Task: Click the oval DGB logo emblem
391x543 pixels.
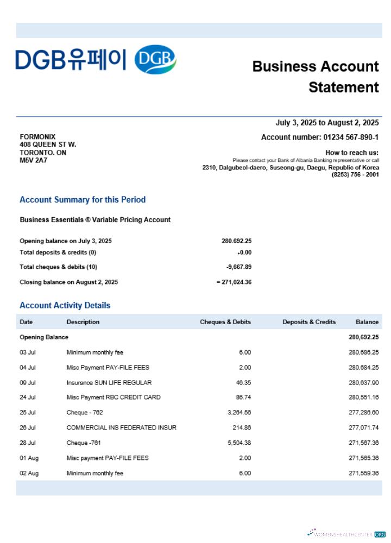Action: [155, 60]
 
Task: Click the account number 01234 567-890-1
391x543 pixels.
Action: [351, 137]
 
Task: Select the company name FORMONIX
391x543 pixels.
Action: [37, 137]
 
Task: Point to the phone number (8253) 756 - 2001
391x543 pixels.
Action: [355, 175]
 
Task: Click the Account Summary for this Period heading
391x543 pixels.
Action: [83, 200]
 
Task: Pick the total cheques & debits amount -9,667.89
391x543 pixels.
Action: [239, 267]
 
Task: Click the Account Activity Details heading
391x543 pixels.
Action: [65, 306]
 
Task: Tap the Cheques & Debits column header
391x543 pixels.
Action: [225, 322]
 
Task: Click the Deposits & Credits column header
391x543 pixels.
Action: [309, 322]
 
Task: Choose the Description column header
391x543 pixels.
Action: [83, 322]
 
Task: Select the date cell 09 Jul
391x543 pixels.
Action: [28, 383]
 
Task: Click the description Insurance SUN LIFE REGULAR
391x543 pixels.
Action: [109, 383]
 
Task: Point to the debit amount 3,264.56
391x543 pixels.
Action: [238, 413]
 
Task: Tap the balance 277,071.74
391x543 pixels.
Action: [363, 428]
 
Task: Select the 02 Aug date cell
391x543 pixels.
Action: [29, 473]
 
